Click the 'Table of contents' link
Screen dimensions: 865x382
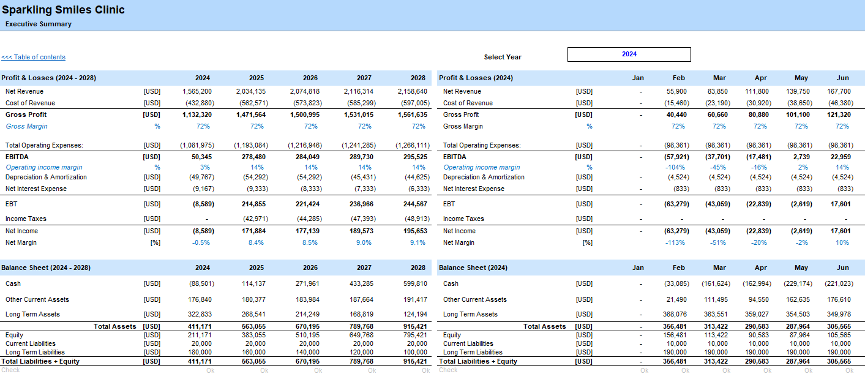click(x=33, y=57)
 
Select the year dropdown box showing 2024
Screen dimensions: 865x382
click(x=629, y=54)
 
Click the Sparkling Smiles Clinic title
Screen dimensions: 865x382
click(x=63, y=10)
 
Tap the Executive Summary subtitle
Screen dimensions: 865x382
click(x=39, y=24)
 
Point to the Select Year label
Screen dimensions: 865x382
click(x=503, y=57)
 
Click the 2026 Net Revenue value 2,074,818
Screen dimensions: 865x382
click(x=305, y=92)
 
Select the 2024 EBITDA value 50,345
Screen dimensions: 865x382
click(x=201, y=157)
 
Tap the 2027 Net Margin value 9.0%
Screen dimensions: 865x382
click(x=364, y=243)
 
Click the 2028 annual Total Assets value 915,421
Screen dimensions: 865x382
click(x=415, y=326)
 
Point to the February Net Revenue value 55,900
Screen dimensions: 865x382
click(x=676, y=92)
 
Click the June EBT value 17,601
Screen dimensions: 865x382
click(x=841, y=204)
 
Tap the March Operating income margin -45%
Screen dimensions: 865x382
click(x=718, y=168)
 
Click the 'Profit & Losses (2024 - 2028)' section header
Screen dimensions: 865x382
click(x=48, y=78)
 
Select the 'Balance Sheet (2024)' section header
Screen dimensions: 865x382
click(x=473, y=268)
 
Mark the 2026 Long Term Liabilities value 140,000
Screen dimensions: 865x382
click(x=307, y=352)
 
